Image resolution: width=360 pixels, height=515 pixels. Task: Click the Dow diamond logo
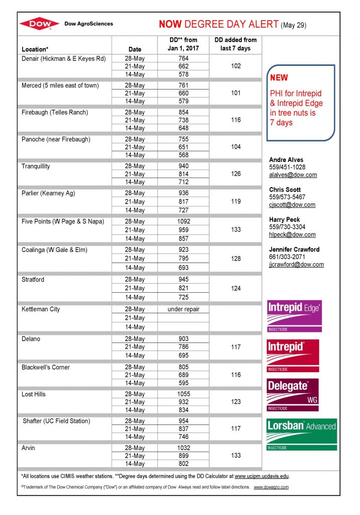[40, 24]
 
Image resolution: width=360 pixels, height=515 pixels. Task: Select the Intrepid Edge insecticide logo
[295, 316]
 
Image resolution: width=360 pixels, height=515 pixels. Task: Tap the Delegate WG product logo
[293, 394]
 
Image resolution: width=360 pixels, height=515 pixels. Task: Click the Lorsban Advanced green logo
[301, 434]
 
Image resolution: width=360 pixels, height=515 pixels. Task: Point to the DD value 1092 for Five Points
[184, 221]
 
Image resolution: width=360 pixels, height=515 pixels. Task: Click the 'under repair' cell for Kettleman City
[184, 309]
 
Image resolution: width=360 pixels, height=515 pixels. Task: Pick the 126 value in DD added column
[236, 174]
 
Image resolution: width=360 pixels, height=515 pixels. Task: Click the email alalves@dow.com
[293, 175]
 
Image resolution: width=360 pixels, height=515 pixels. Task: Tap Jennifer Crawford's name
[294, 249]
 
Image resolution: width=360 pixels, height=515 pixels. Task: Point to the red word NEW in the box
[279, 78]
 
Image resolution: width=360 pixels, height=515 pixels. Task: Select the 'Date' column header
[135, 49]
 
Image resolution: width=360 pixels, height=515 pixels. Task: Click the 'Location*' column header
[35, 49]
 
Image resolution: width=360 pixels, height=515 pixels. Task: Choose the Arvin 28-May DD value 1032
[184, 448]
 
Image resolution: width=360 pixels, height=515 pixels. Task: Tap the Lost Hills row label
[34, 394]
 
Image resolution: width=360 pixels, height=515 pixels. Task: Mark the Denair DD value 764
[184, 58]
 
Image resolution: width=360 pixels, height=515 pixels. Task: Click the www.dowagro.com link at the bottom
[271, 487]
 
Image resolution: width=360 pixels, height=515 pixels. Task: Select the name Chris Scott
[285, 190]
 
